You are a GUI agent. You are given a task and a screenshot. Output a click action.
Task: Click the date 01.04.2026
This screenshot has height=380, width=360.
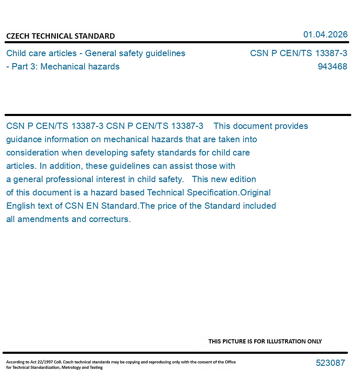(325, 35)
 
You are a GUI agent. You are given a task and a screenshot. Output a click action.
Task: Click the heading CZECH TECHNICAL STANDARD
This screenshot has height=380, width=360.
(60, 36)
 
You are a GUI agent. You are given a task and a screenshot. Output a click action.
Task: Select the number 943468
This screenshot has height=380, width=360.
(332, 67)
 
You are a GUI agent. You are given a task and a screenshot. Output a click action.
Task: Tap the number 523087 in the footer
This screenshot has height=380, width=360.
(330, 363)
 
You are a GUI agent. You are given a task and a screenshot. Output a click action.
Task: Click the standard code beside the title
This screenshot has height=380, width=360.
(298, 53)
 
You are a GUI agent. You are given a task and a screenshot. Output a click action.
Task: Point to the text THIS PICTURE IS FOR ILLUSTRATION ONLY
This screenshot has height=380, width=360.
(265, 341)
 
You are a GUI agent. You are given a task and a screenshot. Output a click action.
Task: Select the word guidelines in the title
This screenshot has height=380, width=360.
(164, 53)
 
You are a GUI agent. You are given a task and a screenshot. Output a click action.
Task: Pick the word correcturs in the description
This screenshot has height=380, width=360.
(109, 219)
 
